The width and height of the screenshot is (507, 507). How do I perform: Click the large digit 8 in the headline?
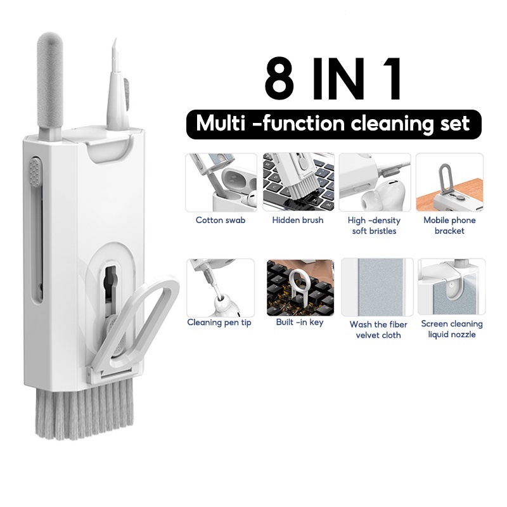(279, 78)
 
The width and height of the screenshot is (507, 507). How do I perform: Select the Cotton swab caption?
(221, 220)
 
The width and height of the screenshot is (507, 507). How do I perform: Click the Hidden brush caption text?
(298, 220)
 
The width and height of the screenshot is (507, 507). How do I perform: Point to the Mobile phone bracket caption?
(449, 226)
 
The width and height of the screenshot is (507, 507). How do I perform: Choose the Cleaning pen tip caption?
(219, 323)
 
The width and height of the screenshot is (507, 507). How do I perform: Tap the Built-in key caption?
(300, 323)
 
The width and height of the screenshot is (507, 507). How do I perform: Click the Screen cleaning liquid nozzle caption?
(452, 329)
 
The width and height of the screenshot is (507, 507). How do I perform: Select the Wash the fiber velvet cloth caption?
(378, 330)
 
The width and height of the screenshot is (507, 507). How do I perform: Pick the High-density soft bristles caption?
(374, 226)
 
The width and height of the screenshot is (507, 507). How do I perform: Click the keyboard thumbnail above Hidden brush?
(298, 183)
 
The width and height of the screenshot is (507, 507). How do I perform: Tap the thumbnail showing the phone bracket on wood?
(449, 183)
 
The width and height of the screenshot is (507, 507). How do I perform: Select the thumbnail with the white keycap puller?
(300, 288)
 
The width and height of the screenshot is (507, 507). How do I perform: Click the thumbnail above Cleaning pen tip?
(221, 288)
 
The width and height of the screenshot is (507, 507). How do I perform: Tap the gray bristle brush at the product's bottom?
(84, 408)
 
